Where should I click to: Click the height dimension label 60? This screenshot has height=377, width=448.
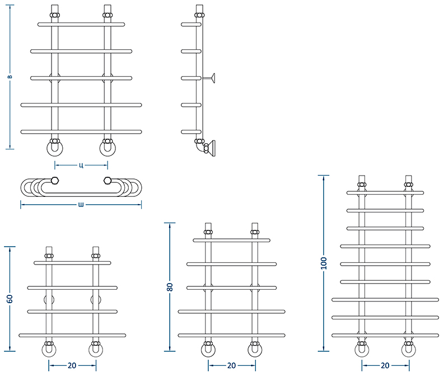(10, 299)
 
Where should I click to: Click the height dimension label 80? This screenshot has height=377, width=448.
(170, 287)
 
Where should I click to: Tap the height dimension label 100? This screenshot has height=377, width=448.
(324, 263)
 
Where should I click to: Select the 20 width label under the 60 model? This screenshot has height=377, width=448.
(72, 365)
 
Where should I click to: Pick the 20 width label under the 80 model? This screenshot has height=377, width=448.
(231, 365)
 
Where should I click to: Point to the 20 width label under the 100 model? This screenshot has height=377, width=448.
(385, 365)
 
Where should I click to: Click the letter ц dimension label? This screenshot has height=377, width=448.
(81, 165)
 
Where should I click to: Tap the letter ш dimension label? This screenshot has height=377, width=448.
(81, 204)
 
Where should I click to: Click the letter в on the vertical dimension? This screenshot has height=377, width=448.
(10, 77)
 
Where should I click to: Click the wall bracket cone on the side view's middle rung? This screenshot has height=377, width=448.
(213, 78)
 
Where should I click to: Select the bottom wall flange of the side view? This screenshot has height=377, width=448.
(212, 148)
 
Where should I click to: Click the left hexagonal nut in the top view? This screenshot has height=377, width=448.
(54, 180)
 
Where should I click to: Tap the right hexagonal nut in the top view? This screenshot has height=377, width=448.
(108, 180)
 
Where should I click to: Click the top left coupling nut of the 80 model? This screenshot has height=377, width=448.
(208, 232)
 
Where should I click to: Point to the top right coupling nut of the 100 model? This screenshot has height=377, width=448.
(409, 185)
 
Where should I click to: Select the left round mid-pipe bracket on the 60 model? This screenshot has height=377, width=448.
(49, 300)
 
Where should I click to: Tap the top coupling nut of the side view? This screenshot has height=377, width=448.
(199, 15)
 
